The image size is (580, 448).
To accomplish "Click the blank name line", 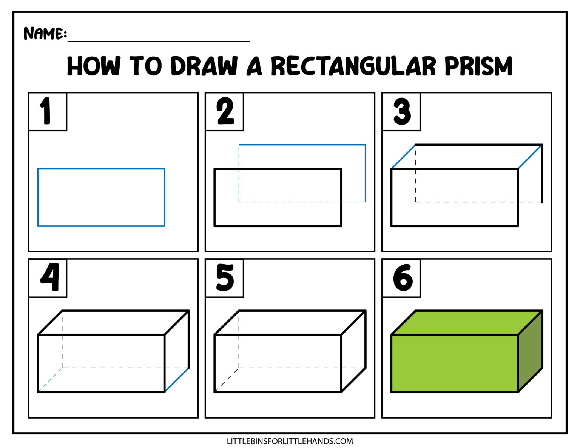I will (159, 40).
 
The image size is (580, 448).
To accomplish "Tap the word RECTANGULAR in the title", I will (353, 66).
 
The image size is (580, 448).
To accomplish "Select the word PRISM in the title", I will (478, 66).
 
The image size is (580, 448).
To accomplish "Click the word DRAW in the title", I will (204, 66).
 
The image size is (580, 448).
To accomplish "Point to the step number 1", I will (46, 111).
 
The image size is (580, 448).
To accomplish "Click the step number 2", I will (225, 111).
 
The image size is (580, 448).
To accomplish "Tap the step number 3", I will (402, 111).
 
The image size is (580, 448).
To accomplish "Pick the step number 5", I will (225, 277).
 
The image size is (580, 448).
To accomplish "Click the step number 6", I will (403, 277).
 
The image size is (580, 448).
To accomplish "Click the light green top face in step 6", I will (467, 323).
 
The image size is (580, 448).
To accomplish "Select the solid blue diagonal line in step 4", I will (177, 380).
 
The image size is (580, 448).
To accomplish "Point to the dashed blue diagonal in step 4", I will (50, 380).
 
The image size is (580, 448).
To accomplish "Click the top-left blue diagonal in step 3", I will (403, 157).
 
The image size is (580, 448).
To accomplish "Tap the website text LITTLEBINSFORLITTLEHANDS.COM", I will (290, 441).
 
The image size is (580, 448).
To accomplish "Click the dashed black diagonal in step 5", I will (227, 380).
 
